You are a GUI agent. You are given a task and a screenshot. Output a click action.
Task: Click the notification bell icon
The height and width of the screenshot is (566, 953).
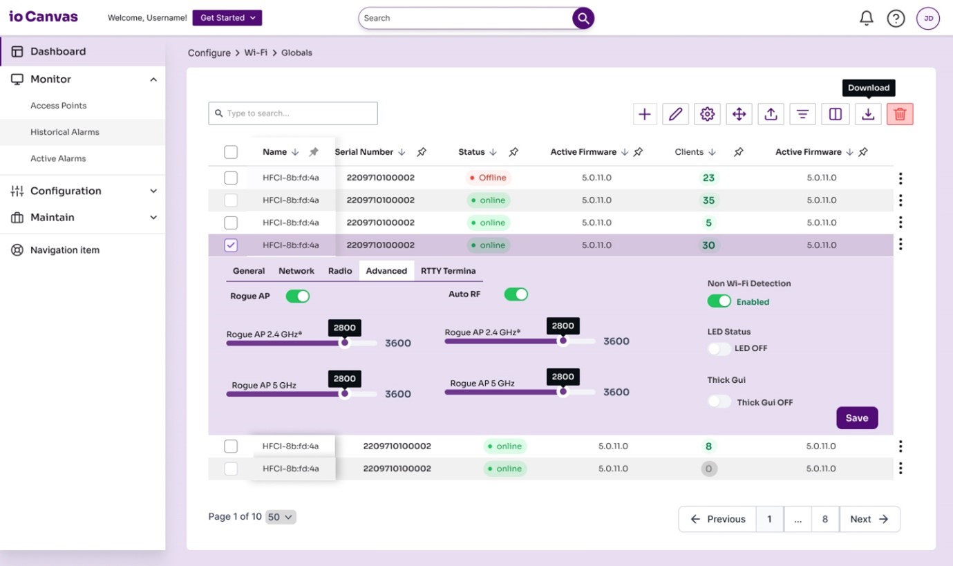[x=866, y=18]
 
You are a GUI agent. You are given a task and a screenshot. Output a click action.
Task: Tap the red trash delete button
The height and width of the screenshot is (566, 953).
[x=900, y=114]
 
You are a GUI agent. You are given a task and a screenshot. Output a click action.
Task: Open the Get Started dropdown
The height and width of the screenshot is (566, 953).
[x=227, y=18]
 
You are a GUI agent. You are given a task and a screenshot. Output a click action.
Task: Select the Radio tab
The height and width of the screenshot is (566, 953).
[x=340, y=271]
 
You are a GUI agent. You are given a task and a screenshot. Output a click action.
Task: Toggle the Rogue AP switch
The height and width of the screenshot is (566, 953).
[x=298, y=296]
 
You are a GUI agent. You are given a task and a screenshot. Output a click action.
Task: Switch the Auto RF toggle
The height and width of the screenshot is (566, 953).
[x=516, y=294]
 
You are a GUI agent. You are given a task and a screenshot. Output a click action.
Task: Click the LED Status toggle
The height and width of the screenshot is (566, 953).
[x=719, y=348]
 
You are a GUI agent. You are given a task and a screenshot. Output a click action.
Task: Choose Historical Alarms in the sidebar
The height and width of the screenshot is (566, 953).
[x=65, y=132]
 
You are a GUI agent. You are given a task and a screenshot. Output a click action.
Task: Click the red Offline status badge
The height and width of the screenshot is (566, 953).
[x=488, y=178]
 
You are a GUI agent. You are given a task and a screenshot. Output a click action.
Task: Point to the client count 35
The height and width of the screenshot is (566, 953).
[x=708, y=200]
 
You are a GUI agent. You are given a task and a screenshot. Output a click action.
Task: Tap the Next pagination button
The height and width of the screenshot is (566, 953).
[x=869, y=519]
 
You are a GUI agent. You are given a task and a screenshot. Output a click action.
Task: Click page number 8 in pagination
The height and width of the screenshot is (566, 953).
[x=824, y=519]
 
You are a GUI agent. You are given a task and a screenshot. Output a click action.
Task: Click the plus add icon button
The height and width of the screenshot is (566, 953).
[x=644, y=114]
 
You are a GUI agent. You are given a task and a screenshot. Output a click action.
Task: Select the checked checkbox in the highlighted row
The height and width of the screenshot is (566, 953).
[x=231, y=245]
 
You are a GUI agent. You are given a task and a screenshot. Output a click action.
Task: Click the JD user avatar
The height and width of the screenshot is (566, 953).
[x=928, y=19]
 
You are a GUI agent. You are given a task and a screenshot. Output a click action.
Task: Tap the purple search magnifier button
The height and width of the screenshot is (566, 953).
[x=583, y=19]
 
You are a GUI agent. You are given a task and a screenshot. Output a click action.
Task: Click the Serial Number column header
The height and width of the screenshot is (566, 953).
[x=364, y=152]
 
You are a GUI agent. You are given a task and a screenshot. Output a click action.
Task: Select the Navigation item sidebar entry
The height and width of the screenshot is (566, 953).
[x=65, y=250]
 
